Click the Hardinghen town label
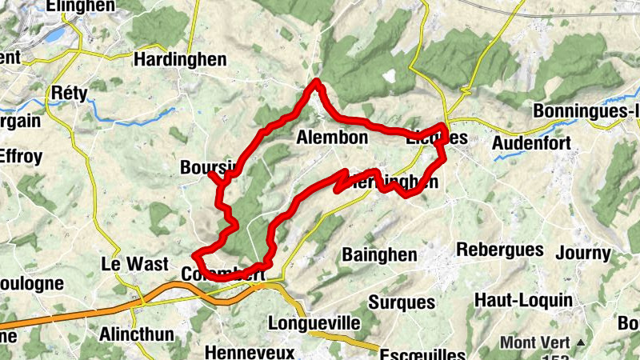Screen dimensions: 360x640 [x=180, y=60]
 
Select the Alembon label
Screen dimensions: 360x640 [x=332, y=138]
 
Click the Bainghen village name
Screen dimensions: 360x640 [x=379, y=255]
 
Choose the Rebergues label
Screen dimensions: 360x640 [x=499, y=250]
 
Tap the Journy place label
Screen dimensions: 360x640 [x=582, y=254]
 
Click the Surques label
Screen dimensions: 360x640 [x=402, y=302]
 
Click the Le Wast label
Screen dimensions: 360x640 [x=134, y=264]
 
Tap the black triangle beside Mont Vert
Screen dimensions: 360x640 [x=581, y=343]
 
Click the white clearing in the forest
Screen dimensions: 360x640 [x=390, y=78]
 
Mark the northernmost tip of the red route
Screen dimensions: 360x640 [x=317, y=81]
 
